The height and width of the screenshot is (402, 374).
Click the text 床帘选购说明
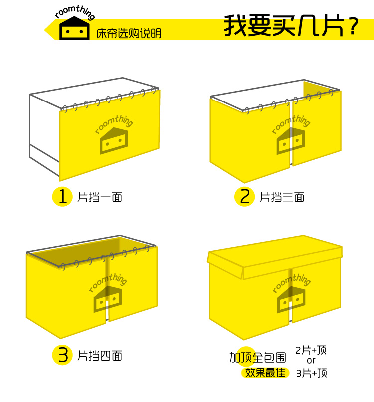(x=129, y=34)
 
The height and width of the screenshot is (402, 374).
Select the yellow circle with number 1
(x=63, y=197)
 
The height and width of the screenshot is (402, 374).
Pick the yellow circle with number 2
(x=245, y=197)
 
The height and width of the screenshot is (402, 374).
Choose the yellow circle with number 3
(x=63, y=355)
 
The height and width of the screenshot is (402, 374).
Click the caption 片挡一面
(x=100, y=198)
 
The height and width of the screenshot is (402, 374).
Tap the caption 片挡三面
(x=282, y=198)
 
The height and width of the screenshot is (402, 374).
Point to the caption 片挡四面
(x=100, y=356)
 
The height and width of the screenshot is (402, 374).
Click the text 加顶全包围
(x=257, y=358)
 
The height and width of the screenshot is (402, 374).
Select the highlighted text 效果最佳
(x=265, y=373)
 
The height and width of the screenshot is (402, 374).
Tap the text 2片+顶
(x=311, y=350)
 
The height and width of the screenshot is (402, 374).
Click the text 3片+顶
(x=311, y=373)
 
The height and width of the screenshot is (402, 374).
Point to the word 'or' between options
(x=311, y=361)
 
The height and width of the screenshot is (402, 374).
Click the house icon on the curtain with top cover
(x=291, y=299)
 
